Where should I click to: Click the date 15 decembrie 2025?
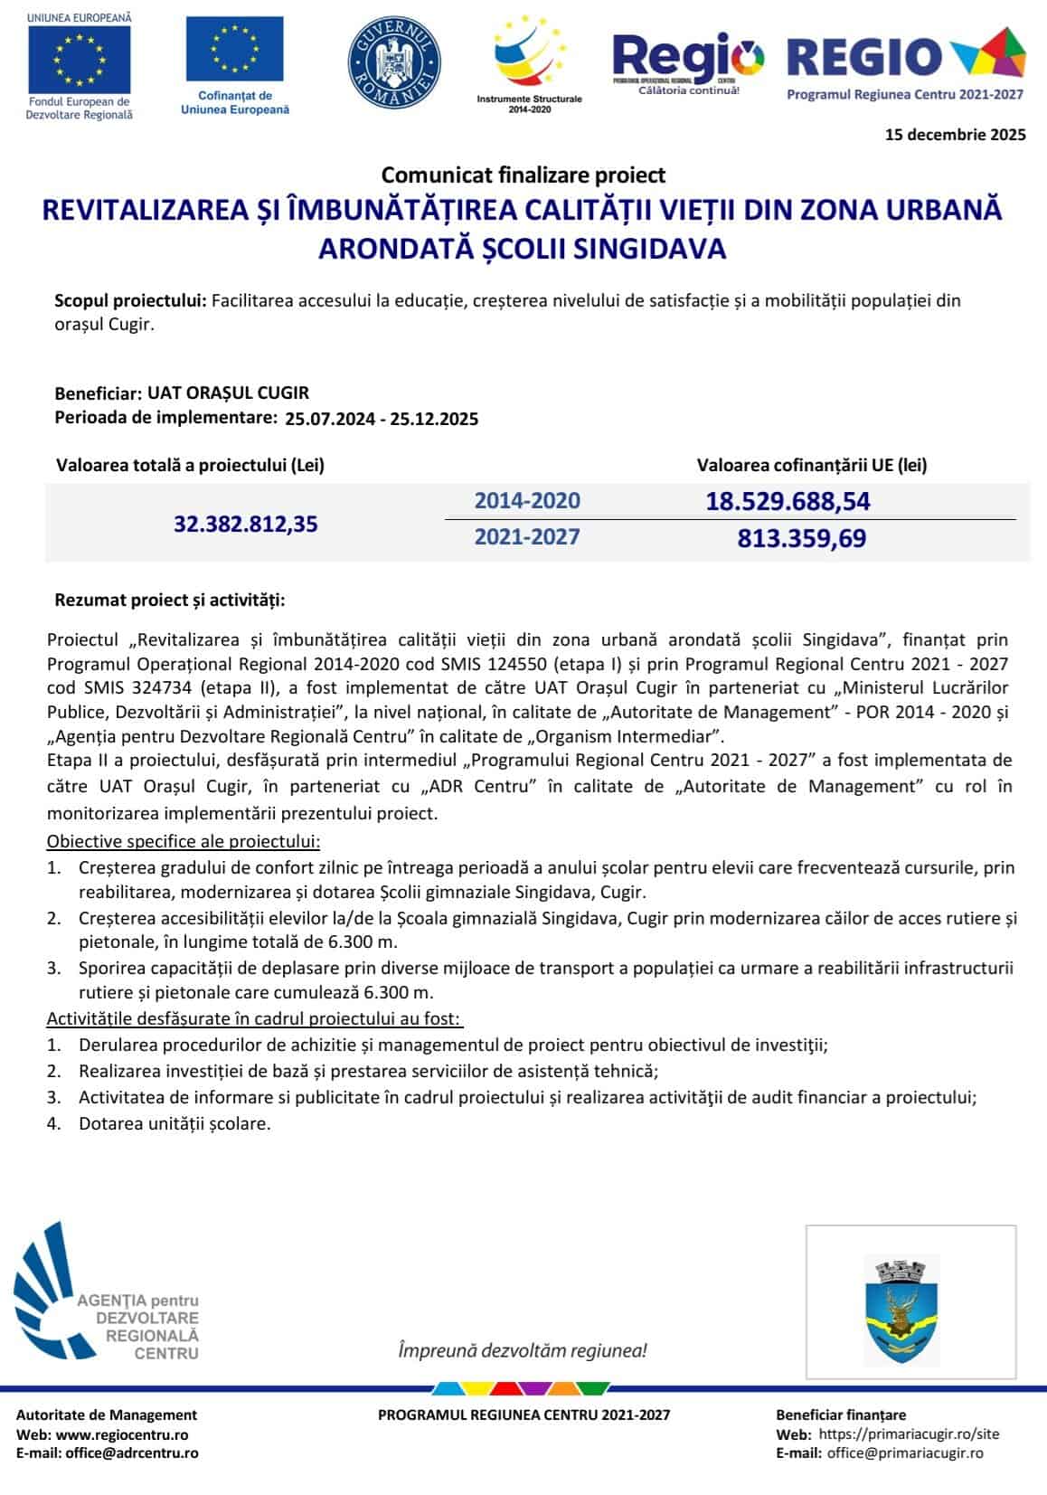click(955, 135)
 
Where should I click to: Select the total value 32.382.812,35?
click(246, 524)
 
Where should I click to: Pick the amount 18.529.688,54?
click(788, 501)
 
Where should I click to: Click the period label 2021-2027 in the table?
click(527, 536)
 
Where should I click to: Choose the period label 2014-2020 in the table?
click(527, 500)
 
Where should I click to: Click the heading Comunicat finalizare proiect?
click(523, 175)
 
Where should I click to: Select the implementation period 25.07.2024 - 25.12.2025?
click(382, 419)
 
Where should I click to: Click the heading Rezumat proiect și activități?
click(170, 600)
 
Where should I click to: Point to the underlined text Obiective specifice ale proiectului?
click(184, 841)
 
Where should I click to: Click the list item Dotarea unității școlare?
click(174, 1123)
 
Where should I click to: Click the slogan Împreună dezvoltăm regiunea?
click(523, 1350)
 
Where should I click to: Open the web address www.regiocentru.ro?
click(122, 1434)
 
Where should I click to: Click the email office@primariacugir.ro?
click(905, 1452)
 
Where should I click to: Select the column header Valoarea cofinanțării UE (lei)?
click(811, 465)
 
